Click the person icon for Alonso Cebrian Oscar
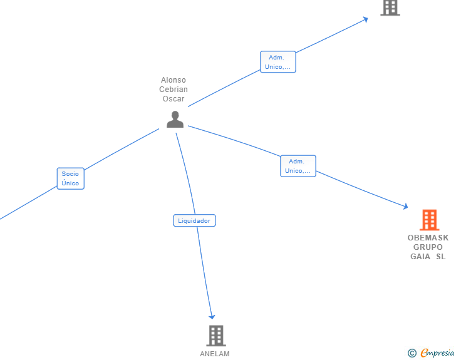(175, 119)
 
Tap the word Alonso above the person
(174, 80)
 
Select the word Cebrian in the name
(174, 90)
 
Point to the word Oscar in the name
(174, 99)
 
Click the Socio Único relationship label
(70, 178)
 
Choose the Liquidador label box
(194, 220)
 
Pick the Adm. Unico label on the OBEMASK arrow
(298, 166)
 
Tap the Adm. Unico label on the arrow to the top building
(277, 62)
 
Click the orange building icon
(429, 220)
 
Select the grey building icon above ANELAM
(215, 336)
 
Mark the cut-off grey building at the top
(390, 7)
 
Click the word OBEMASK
(428, 238)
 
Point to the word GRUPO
(428, 247)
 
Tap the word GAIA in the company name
(420, 257)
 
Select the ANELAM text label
(215, 354)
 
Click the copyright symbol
(412, 353)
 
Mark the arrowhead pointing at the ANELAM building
(212, 316)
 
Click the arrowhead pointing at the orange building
(405, 206)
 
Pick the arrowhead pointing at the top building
(365, 19)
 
